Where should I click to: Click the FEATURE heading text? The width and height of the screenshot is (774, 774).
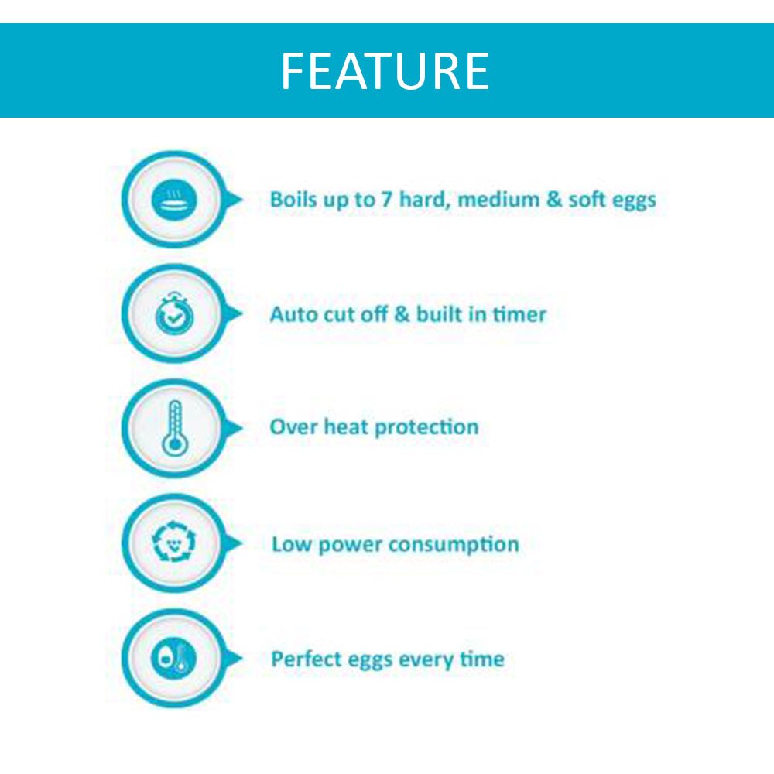click(x=385, y=70)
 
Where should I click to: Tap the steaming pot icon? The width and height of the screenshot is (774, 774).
click(x=174, y=201)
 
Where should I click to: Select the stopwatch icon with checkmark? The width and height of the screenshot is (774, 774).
click(x=174, y=314)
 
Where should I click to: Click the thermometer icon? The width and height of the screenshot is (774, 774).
click(x=175, y=428)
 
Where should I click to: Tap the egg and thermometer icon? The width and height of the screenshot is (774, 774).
click(x=173, y=657)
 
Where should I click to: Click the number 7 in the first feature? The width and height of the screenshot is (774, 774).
click(x=385, y=200)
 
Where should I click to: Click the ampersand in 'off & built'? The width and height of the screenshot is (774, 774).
click(x=402, y=314)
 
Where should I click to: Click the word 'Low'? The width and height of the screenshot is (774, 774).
click(x=291, y=544)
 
